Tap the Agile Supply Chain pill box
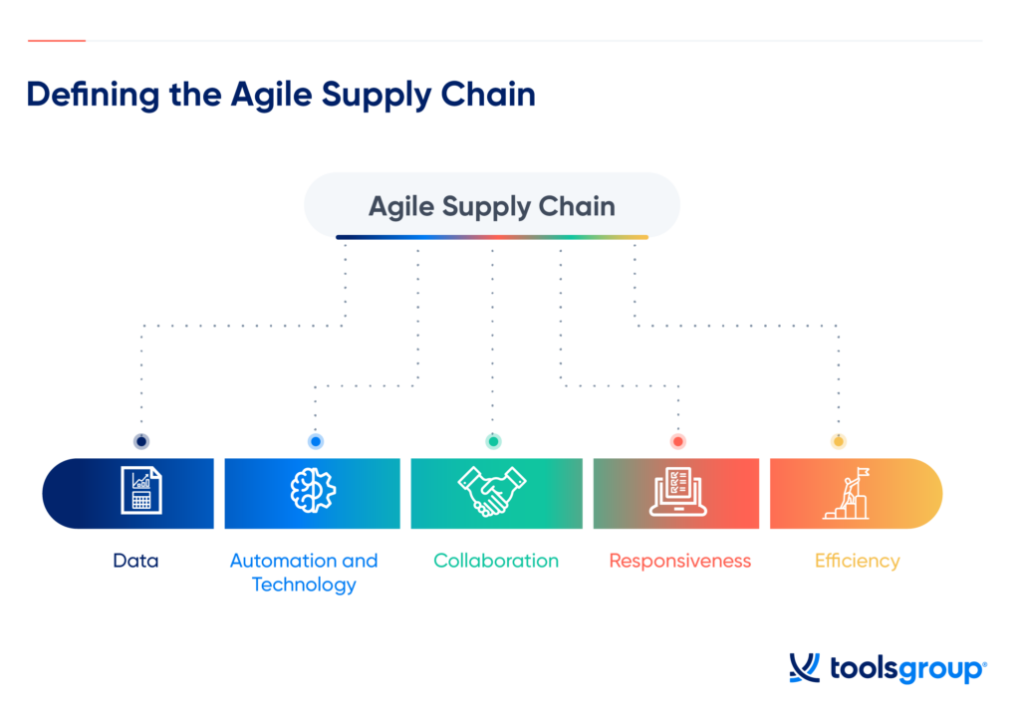tap(491, 206)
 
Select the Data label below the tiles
tap(135, 561)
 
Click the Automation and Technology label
tap(304, 573)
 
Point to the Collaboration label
tap(496, 561)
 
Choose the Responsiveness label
tap(679, 561)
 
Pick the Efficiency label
tap(857, 561)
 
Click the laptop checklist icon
tap(677, 492)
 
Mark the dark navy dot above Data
tap(141, 441)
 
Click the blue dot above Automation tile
tap(316, 441)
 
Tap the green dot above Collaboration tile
tap(493, 441)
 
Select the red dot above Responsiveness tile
tap(678, 441)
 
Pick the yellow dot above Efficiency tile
tap(838, 441)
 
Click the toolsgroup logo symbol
tap(804, 668)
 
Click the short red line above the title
tap(57, 41)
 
